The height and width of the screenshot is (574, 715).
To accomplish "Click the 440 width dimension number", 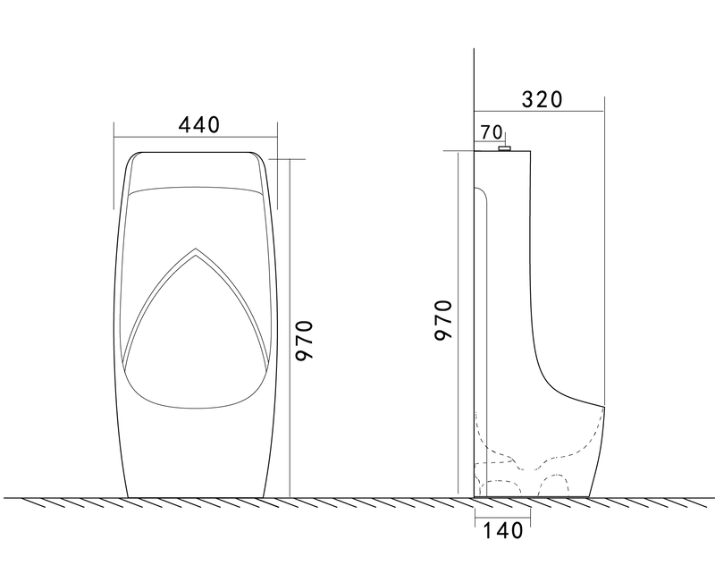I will pyautogui.click(x=198, y=125).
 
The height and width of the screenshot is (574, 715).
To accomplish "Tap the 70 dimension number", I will pyautogui.click(x=492, y=132).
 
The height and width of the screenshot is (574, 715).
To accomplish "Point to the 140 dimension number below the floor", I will pyautogui.click(x=502, y=531).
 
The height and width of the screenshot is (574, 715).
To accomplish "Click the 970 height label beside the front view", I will pyautogui.click(x=304, y=340).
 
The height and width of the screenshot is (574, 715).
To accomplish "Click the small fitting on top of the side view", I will pyautogui.click(x=505, y=148).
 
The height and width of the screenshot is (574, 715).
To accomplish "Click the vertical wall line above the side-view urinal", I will pyautogui.click(x=472, y=80).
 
